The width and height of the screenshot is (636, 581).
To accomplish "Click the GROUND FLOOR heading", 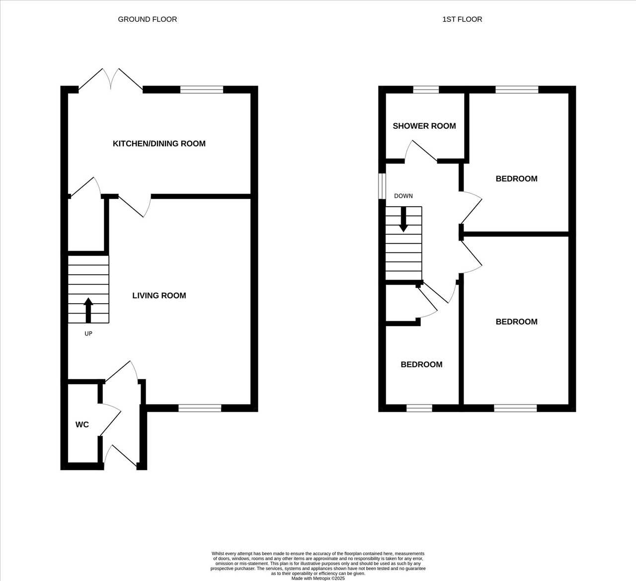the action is click(x=148, y=19).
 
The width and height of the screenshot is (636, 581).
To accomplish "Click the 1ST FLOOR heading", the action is click(x=462, y=19).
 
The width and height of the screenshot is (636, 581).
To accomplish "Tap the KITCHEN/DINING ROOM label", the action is click(x=159, y=144).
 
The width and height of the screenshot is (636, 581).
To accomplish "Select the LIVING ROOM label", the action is click(x=159, y=296).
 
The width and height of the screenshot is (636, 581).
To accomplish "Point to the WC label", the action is click(x=82, y=424).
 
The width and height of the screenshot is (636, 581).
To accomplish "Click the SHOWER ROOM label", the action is click(x=424, y=126).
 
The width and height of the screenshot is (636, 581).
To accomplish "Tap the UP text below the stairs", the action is click(x=88, y=333).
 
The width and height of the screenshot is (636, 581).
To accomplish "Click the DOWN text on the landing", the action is click(x=403, y=196).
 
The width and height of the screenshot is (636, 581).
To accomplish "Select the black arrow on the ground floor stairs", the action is click(x=88, y=311).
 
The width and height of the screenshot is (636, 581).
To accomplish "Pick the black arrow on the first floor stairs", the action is click(x=403, y=220).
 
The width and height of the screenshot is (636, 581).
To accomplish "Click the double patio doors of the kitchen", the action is click(x=111, y=80).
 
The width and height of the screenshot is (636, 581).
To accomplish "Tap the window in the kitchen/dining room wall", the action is click(x=202, y=90).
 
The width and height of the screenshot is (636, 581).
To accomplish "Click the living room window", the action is click(x=200, y=408).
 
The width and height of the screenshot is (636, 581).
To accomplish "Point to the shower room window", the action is click(x=426, y=90).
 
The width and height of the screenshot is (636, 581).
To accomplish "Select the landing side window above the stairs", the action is click(x=382, y=186).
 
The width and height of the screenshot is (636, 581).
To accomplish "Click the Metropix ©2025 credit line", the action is click(x=318, y=578).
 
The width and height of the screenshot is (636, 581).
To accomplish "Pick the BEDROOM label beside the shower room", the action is click(x=516, y=179).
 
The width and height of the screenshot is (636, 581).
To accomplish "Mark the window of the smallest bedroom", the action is click(x=419, y=408).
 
